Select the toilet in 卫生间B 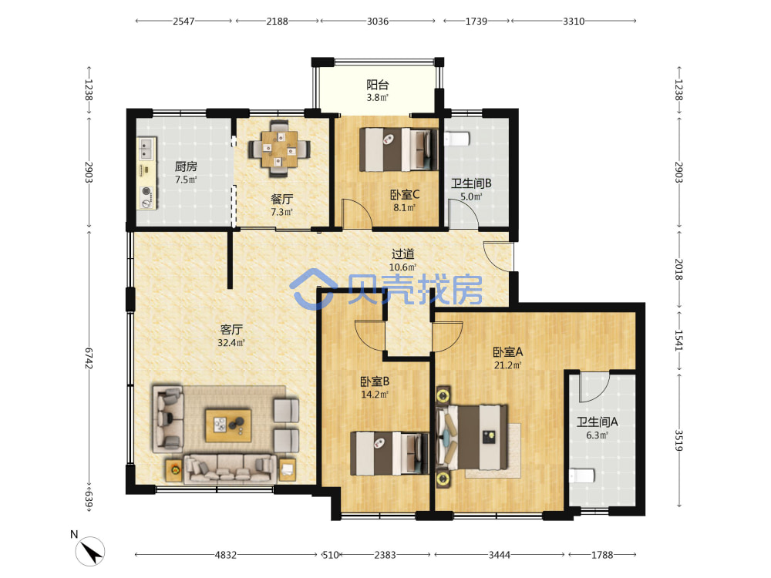click(x=457, y=139)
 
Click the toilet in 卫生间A click(x=582, y=476)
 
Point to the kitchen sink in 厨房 click(x=146, y=149)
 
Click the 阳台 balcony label click(x=378, y=85)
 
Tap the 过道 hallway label click(x=402, y=254)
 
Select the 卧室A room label click(x=508, y=352)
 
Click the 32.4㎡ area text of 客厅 click(x=231, y=343)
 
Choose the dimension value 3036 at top click(x=378, y=21)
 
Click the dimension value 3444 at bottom click(x=499, y=555)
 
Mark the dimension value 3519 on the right click(x=678, y=440)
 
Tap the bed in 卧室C click(x=399, y=150)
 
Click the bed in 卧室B click(x=389, y=453)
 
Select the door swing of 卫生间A click(x=594, y=388)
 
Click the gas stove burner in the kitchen click(x=146, y=191)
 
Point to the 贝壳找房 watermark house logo click(x=313, y=289)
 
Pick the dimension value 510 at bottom click(x=331, y=555)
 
